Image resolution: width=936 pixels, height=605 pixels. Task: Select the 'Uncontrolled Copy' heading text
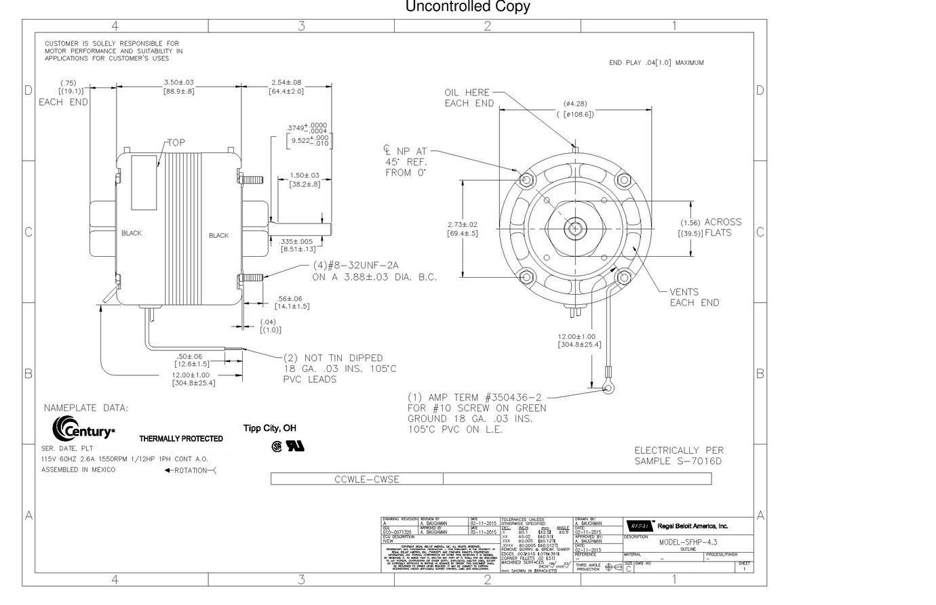click(x=467, y=7)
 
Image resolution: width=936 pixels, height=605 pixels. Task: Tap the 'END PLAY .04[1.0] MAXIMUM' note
click(x=656, y=63)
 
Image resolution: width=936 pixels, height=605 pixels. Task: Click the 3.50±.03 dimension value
click(x=178, y=82)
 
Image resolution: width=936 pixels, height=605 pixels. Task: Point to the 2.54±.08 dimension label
click(x=286, y=82)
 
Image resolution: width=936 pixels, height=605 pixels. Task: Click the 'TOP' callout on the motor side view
click(x=176, y=142)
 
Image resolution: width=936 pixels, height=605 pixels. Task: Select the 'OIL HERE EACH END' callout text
click(x=469, y=98)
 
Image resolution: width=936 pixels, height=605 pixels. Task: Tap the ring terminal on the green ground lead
click(x=609, y=386)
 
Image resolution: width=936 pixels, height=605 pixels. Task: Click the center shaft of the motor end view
click(x=575, y=228)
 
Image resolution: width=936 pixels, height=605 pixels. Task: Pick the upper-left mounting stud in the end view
click(x=526, y=179)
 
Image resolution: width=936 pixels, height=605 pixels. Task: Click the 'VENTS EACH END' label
click(x=694, y=297)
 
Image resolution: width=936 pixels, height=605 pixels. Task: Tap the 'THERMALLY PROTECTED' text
click(x=181, y=439)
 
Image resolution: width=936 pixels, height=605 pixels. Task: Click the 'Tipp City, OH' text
click(x=269, y=428)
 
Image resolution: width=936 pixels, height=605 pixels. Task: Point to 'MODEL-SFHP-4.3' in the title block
click(x=688, y=542)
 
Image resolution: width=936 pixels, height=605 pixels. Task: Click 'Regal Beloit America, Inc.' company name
click(x=693, y=526)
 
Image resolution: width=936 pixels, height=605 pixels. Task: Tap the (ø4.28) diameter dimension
click(x=575, y=104)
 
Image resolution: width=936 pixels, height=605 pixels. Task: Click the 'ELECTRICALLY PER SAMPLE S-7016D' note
click(x=678, y=456)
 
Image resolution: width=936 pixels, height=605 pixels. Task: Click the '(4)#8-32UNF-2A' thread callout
click(x=355, y=266)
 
